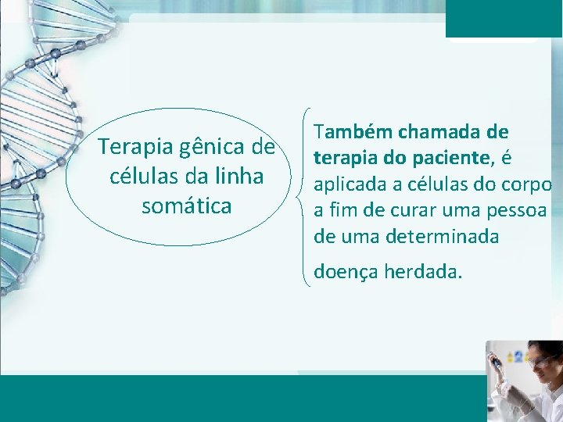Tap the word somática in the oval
186,206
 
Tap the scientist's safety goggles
540,360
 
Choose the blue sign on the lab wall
513,356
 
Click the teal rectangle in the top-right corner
504,18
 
